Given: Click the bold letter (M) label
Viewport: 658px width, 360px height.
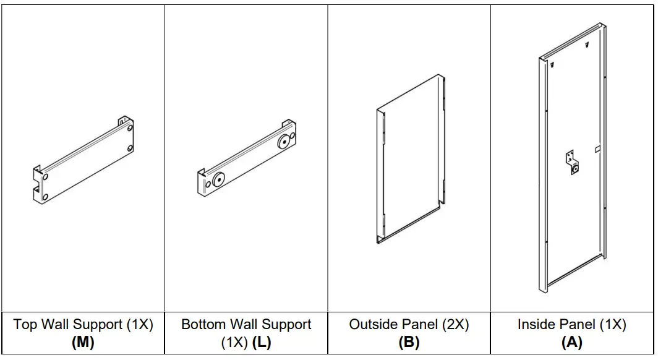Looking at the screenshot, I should point(83,342).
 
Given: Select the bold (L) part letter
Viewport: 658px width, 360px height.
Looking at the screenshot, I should point(262,342).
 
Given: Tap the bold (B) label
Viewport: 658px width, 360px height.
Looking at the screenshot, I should point(409,342).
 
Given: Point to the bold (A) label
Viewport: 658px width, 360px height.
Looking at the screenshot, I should point(572,342).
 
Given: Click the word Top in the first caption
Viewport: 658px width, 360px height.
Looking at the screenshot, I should point(25,325).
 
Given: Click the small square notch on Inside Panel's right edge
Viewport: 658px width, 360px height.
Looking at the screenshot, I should point(597,148).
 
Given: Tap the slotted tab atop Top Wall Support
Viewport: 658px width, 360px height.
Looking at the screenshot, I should point(123,119).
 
